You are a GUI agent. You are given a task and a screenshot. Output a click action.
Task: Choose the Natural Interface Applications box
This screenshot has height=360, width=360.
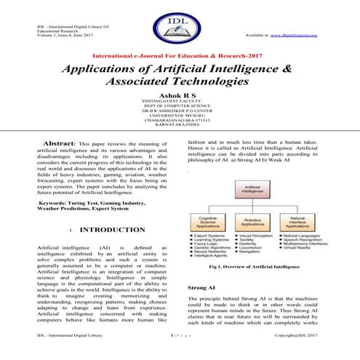(x=299, y=224)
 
